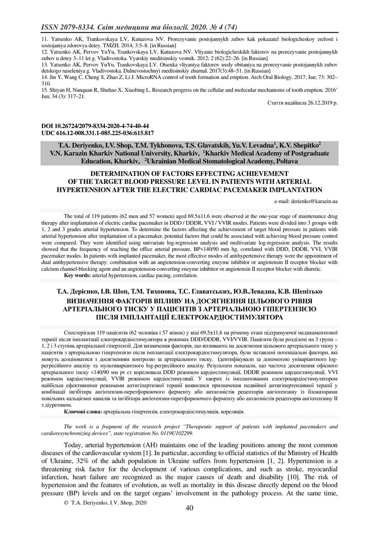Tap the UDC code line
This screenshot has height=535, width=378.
(97, 133)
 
